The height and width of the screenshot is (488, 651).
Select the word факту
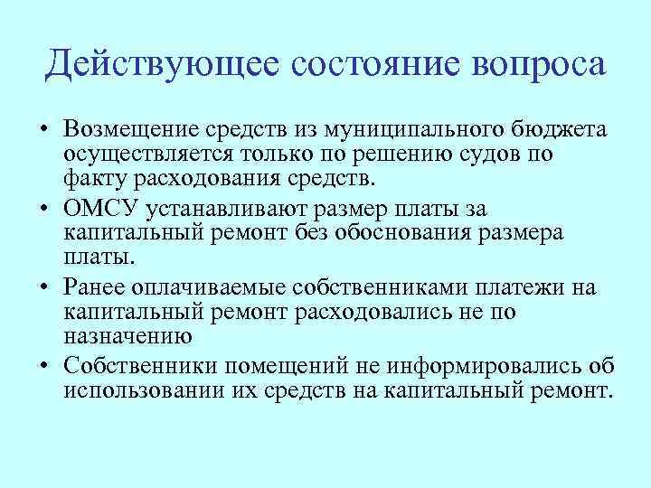94,178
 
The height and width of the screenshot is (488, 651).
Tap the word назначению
128,334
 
